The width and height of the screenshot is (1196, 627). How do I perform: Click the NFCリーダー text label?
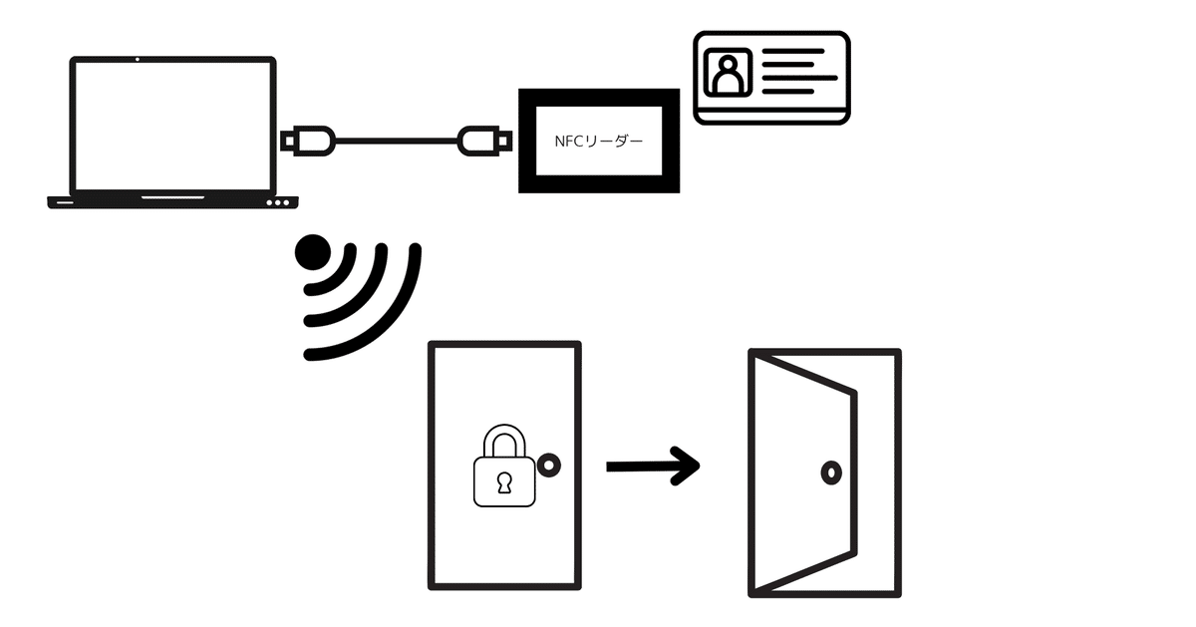point(599,141)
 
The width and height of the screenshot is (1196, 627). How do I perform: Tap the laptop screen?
point(173,126)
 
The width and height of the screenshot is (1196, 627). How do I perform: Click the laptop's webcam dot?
point(138,59)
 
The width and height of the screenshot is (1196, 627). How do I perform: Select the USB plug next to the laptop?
point(308,141)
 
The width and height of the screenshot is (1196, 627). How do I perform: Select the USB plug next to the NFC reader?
point(484,141)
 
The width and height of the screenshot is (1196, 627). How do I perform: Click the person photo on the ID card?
point(728,72)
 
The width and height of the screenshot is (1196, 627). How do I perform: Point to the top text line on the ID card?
point(793,51)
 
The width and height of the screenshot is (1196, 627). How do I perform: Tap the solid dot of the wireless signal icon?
point(313,252)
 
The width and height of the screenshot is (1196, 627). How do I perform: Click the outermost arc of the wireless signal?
point(363,302)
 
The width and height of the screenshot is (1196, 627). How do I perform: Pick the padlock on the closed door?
point(504,466)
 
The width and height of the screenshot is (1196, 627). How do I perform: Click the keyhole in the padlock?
point(504,482)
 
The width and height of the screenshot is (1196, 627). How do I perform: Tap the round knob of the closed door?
point(549,466)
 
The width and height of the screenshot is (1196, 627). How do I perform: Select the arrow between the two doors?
point(653,467)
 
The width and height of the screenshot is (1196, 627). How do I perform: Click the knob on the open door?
point(831,472)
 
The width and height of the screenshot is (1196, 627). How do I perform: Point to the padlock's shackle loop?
point(504,442)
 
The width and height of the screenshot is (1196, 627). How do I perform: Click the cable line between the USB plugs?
point(397,141)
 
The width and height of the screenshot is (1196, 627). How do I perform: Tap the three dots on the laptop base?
point(278,203)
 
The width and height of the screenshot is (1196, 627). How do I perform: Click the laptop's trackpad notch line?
point(173,197)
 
